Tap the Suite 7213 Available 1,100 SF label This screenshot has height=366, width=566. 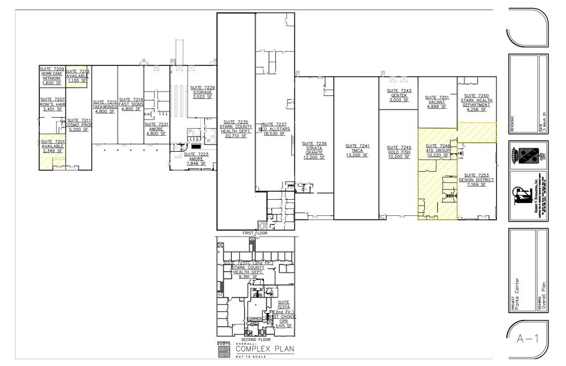[78, 76]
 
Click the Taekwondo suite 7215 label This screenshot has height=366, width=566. [105, 106]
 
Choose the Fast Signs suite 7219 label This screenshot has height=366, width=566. [131, 105]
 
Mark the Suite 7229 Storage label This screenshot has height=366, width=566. [202, 92]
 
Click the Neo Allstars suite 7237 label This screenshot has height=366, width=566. [275, 128]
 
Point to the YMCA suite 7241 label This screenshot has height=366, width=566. [357, 150]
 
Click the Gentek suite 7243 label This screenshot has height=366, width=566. [398, 95]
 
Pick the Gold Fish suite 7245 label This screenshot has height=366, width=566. [398, 152]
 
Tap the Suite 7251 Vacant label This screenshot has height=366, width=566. [436, 102]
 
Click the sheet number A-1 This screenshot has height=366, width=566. [527, 339]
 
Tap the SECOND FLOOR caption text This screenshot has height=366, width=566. [255, 339]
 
